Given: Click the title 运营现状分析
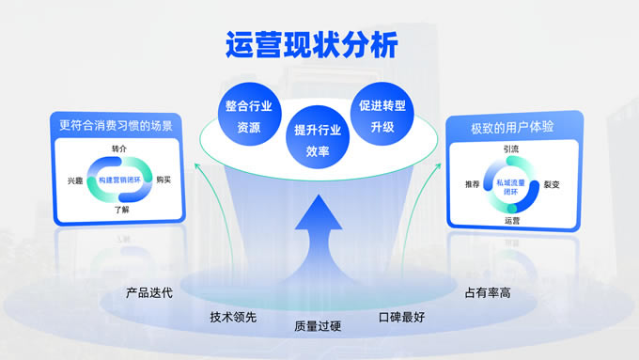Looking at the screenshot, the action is (312, 45).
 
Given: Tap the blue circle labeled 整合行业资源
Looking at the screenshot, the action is (249, 114).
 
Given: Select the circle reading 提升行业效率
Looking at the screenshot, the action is (318, 137).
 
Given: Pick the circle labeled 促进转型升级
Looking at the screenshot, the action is (382, 114).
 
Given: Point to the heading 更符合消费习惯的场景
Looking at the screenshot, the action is (117, 126).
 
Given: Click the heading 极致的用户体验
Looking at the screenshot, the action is (512, 128).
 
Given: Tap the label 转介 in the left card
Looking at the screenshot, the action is (119, 149).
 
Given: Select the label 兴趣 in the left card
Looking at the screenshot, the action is (75, 180).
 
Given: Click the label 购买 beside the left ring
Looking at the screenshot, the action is (164, 180).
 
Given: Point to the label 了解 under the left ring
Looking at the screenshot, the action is (122, 210).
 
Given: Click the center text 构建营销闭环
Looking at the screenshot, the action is (119, 180).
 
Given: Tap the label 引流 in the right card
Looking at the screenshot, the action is (511, 149).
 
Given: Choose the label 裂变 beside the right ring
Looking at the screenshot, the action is (552, 184).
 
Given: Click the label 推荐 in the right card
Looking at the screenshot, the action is (473, 184).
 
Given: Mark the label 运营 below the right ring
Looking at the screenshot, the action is (512, 221).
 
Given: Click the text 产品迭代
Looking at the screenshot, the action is (149, 292).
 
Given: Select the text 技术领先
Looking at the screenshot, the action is (233, 317).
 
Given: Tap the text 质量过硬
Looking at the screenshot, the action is (318, 326).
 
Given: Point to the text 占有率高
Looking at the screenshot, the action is (488, 292).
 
